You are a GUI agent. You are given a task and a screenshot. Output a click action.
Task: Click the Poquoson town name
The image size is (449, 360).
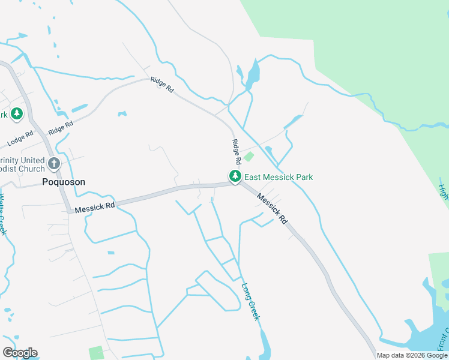(64, 182)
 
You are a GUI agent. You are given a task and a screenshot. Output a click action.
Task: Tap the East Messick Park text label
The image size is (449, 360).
(279, 177)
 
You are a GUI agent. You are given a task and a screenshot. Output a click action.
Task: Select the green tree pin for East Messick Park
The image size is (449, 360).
(235, 176)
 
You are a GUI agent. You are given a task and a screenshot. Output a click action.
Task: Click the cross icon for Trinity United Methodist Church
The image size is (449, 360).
(54, 163)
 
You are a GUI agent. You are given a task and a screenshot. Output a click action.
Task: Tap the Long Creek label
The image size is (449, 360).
(251, 301)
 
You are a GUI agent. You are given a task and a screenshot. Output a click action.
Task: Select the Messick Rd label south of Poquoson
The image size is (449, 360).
(95, 207)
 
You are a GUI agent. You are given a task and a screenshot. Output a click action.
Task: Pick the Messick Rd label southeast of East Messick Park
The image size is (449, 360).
(273, 209)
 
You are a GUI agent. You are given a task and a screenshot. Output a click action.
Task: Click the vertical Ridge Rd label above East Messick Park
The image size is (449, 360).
(237, 152)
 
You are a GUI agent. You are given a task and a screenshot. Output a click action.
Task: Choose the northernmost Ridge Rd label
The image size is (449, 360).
(162, 85)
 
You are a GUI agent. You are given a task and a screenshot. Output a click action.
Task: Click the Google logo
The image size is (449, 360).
(20, 353)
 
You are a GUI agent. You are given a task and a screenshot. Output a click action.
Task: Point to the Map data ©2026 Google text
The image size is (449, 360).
(412, 355)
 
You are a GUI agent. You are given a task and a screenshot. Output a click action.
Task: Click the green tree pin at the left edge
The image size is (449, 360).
(17, 113)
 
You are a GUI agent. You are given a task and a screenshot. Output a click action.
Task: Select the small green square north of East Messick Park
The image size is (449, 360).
(249, 157)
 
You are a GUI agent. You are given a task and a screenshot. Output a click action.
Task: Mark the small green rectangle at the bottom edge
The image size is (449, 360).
(95, 353)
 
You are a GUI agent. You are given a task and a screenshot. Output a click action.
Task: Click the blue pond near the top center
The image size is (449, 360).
(253, 74)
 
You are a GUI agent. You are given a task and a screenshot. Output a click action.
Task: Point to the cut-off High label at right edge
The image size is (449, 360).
(444, 192)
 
